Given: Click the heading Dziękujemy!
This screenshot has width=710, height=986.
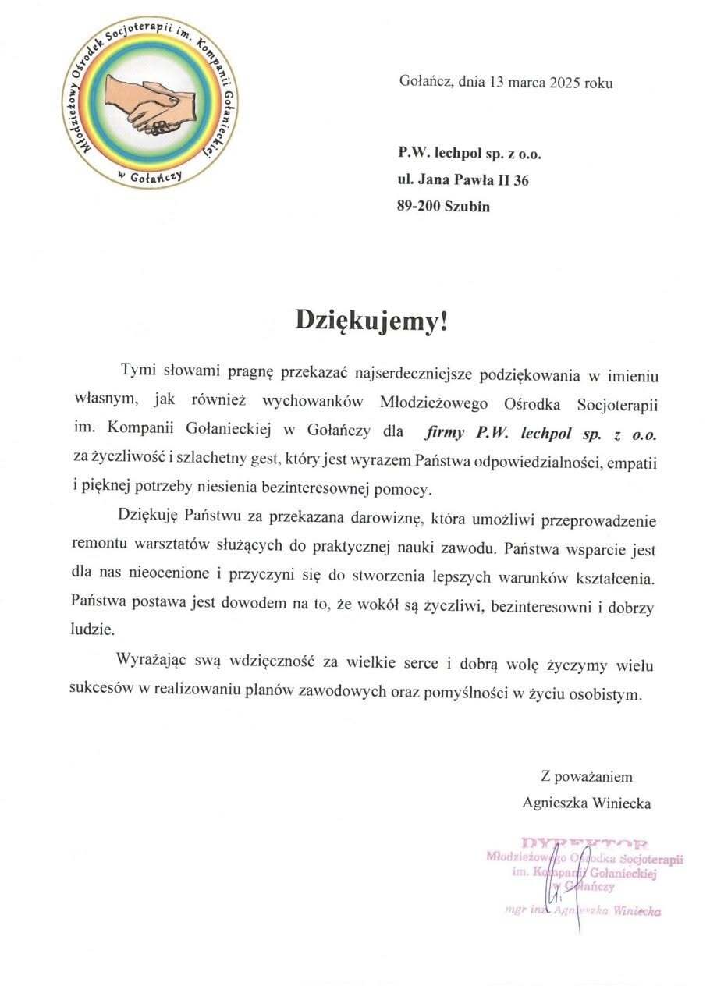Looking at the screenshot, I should coord(372,321).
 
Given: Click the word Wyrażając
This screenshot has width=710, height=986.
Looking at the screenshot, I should coord(156,665).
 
